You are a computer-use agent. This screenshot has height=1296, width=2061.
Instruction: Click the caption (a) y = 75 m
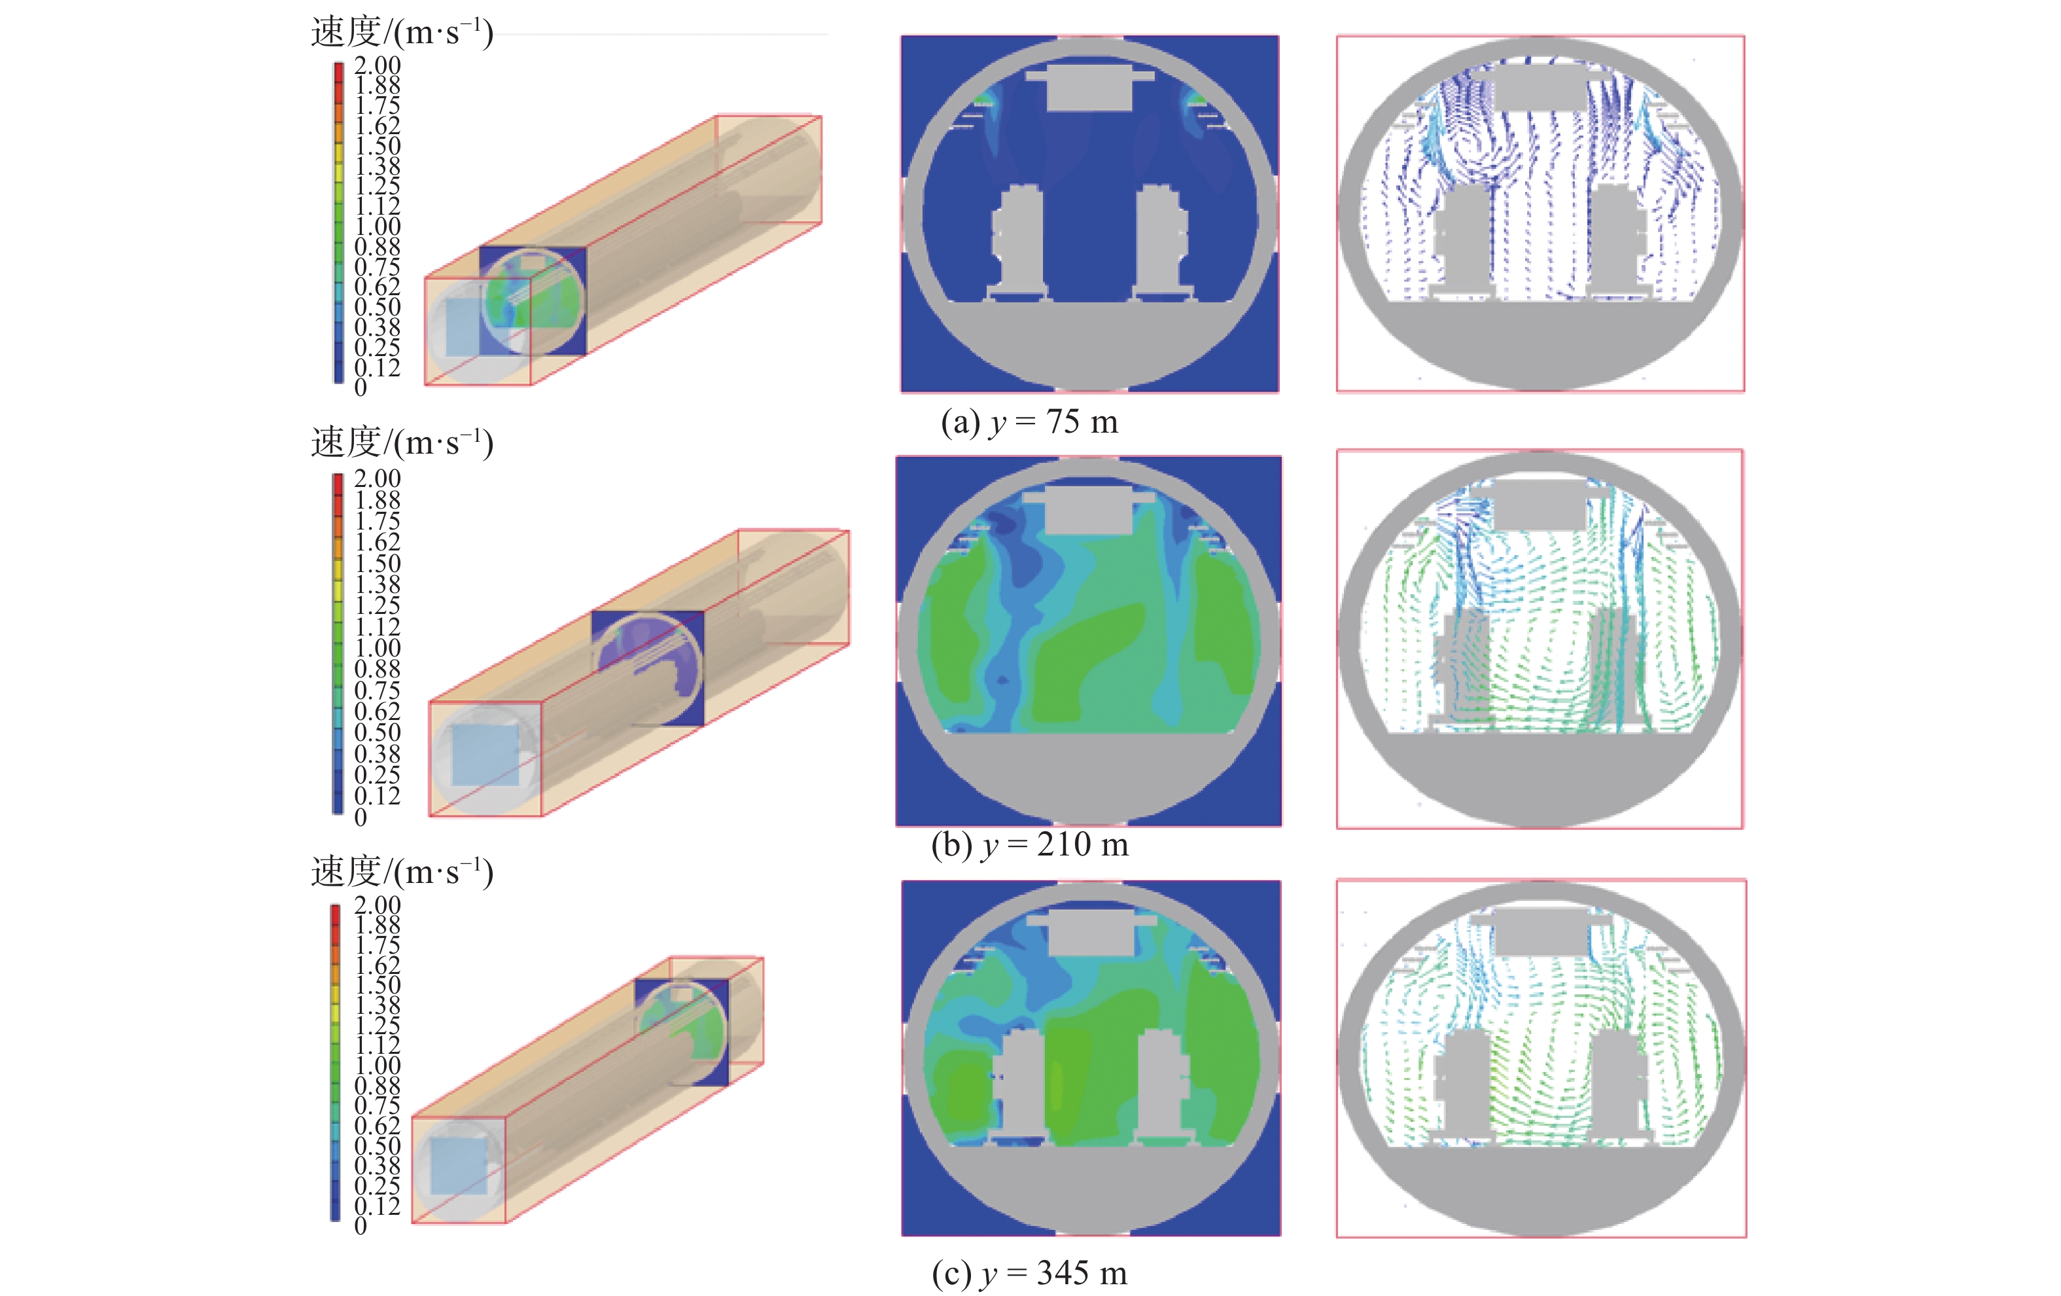(1030, 422)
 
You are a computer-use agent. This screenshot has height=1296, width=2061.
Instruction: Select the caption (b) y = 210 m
(1030, 845)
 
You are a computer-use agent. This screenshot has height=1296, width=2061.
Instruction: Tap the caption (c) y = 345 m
(1030, 1273)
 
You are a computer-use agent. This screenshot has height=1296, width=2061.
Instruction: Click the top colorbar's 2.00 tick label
(378, 65)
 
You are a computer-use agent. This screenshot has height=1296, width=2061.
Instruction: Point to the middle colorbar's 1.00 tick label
(378, 648)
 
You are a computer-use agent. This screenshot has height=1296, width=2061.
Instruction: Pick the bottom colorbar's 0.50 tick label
(378, 1145)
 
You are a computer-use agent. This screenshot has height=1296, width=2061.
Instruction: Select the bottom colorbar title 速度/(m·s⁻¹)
(402, 871)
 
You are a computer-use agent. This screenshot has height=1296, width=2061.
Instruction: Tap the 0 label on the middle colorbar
(361, 818)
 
